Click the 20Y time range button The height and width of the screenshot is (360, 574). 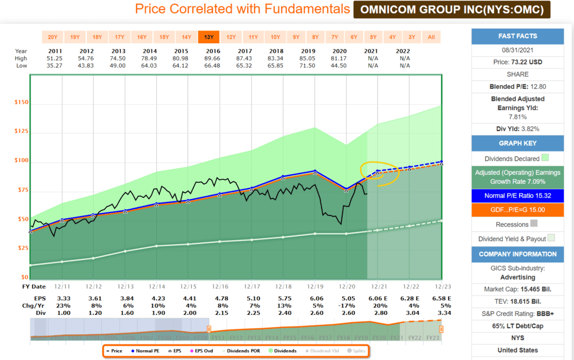coord(53,37)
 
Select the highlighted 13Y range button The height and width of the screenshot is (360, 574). coord(209,37)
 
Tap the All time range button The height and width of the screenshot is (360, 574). coord(432,37)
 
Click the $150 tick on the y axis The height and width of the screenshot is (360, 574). coord(22,102)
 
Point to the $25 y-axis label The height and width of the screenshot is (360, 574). coord(22,248)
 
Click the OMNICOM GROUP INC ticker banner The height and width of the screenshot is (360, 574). coord(452,9)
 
